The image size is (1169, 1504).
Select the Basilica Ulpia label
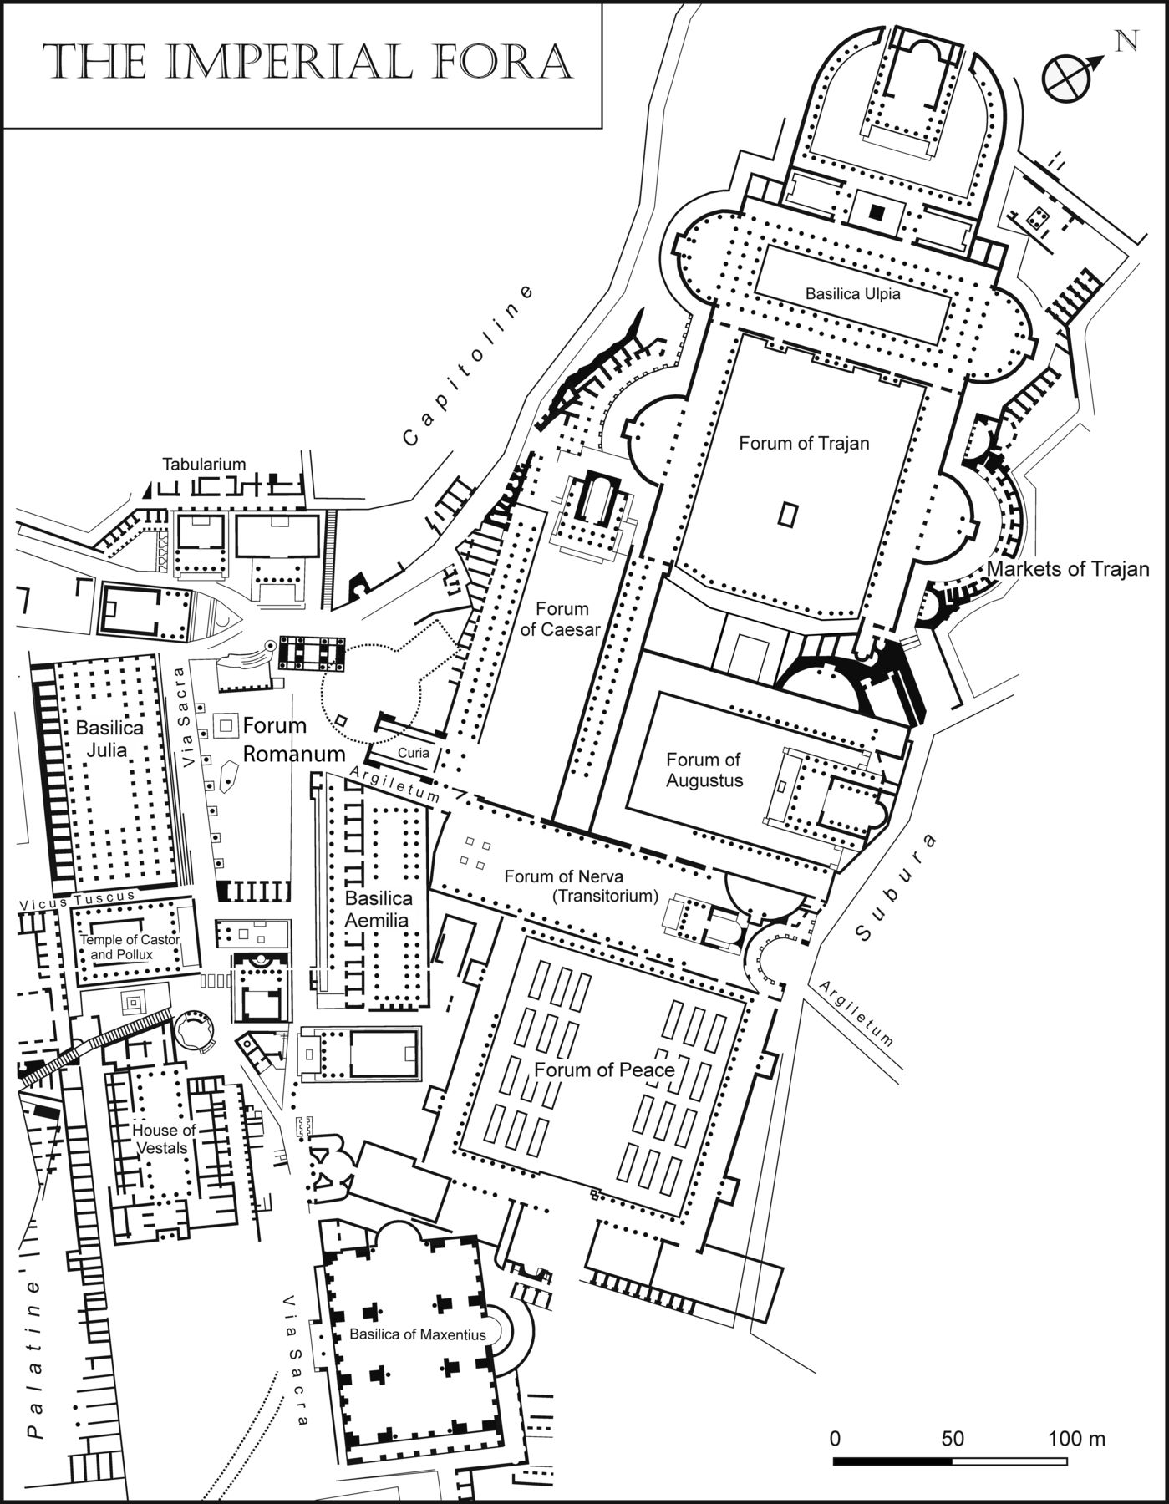tap(852, 294)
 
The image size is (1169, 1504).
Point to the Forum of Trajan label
tap(804, 443)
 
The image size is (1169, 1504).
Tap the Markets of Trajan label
tap(1068, 569)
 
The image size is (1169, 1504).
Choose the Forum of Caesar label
tap(562, 619)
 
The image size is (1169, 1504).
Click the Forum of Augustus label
tap(704, 770)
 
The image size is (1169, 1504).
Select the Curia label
tap(413, 753)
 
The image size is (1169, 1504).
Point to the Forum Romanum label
tap(292, 739)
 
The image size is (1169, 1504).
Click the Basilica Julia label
tap(109, 738)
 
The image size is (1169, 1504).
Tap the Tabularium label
tap(204, 465)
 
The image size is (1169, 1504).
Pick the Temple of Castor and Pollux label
tap(130, 947)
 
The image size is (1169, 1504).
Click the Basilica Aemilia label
tap(379, 908)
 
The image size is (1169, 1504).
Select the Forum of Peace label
tap(604, 1070)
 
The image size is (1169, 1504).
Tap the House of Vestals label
tap(164, 1139)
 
